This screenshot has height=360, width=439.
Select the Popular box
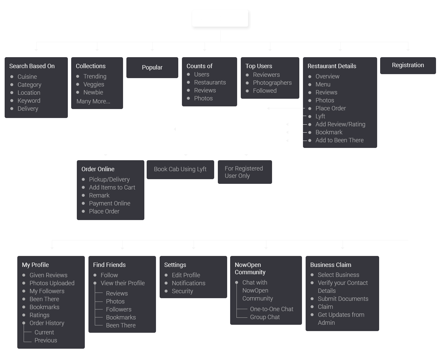(152, 67)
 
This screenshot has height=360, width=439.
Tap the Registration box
(408, 65)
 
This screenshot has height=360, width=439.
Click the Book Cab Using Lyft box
(180, 169)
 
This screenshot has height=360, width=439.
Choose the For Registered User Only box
(244, 172)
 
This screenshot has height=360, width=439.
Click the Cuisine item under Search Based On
(27, 77)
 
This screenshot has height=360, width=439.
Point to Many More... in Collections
(93, 101)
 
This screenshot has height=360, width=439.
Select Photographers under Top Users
(272, 83)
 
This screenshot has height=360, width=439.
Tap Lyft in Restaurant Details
(320, 116)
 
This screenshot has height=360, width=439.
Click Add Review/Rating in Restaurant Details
(340, 124)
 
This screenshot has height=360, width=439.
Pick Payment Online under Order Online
(109, 203)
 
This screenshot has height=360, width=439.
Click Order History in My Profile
(47, 323)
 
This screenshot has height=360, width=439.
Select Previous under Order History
(46, 340)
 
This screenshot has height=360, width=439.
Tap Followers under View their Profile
(119, 309)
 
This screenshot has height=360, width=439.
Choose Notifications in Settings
(189, 283)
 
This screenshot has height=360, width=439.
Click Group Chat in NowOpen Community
(265, 317)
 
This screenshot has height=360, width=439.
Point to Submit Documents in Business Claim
(343, 299)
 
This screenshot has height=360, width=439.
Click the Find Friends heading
(109, 265)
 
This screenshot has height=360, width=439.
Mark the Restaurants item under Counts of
(210, 82)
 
